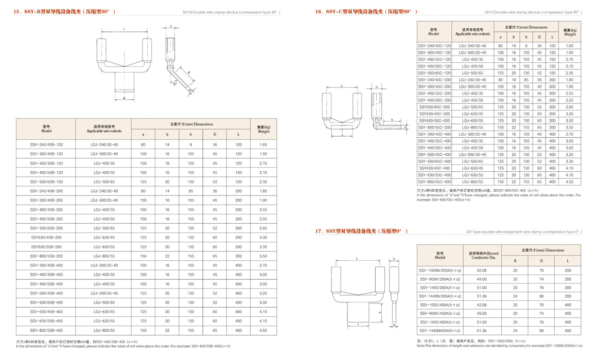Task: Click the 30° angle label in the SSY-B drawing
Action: point(175,84)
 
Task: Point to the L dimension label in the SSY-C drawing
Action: point(342,86)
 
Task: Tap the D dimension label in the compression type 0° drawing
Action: point(394,260)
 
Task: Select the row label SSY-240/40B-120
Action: point(46,145)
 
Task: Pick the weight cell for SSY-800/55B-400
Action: point(263,330)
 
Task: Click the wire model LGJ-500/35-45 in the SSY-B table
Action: point(104,293)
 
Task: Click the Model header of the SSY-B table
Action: point(46,129)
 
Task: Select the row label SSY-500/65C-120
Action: point(434,73)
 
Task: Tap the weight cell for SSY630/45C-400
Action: point(569,168)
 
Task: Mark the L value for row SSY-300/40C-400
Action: point(552,134)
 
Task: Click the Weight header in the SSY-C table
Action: point(569,32)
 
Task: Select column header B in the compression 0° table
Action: point(515,261)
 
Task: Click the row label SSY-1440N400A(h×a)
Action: point(440,331)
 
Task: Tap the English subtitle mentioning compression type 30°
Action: point(232,12)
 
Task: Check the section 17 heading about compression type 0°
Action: point(362,231)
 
